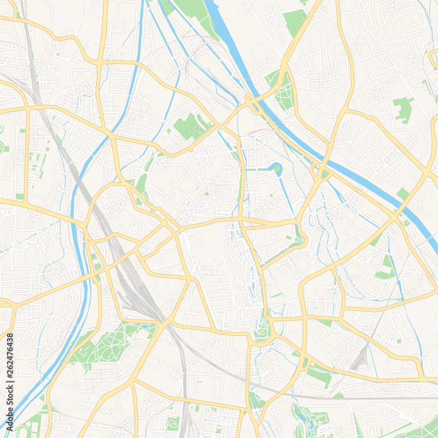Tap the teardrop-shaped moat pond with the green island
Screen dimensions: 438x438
point(277,168)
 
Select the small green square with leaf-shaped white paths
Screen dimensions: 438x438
point(172,423)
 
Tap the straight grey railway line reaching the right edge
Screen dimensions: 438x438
point(394,398)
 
